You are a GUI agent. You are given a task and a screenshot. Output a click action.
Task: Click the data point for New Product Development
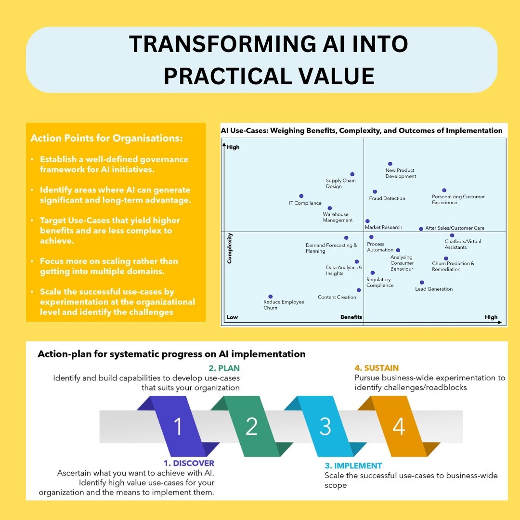(390, 164)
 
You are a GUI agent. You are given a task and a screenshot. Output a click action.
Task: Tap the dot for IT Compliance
(301, 196)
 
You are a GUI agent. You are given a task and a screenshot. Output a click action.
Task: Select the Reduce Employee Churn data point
(271, 297)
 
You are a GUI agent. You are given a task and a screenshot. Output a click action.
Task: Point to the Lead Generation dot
(422, 283)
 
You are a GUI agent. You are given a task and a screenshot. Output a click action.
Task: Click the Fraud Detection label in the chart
(387, 198)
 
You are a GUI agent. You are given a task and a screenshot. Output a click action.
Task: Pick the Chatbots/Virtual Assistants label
(462, 245)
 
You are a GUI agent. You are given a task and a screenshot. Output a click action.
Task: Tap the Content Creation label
(337, 298)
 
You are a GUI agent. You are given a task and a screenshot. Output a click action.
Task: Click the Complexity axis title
(230, 248)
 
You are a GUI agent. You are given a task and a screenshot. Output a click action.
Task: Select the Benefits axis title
(351, 317)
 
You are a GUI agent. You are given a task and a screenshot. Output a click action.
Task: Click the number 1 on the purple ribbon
(178, 427)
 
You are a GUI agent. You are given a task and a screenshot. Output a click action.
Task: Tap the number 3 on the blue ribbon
(325, 427)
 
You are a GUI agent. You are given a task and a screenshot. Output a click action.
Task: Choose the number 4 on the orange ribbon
(399, 427)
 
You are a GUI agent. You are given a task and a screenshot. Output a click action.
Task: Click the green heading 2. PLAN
(224, 368)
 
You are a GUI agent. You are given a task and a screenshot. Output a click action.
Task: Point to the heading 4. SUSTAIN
(377, 368)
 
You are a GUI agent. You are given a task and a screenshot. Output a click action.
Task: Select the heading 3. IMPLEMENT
(353, 466)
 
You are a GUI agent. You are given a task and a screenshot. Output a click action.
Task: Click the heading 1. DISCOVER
(189, 463)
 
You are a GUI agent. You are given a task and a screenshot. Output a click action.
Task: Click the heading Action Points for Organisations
(107, 138)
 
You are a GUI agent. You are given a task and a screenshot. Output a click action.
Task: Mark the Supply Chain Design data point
(352, 174)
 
